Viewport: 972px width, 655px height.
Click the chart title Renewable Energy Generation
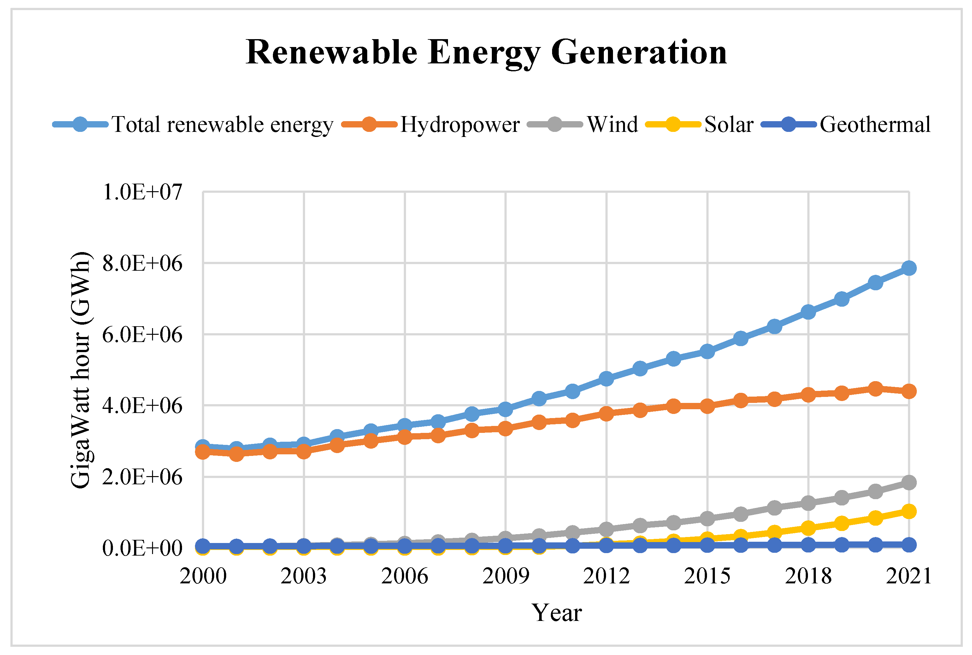click(486, 53)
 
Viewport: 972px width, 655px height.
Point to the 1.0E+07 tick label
click(142, 192)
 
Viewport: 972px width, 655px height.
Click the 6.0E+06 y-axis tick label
click(142, 335)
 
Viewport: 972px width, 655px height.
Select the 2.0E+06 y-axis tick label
click(142, 477)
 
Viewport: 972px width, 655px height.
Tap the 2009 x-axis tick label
click(505, 576)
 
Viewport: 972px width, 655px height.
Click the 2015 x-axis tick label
click(707, 576)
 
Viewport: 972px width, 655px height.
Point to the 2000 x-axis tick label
click(203, 576)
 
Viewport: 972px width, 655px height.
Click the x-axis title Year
click(557, 613)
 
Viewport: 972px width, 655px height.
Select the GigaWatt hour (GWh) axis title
click(81, 370)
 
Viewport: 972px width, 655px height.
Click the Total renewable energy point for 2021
click(909, 268)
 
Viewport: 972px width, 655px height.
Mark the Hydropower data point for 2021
click(909, 392)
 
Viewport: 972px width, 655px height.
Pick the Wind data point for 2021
click(909, 482)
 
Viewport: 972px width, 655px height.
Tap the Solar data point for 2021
click(909, 511)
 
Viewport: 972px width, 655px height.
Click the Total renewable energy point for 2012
click(606, 379)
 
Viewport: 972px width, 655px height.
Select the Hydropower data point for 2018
click(808, 394)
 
